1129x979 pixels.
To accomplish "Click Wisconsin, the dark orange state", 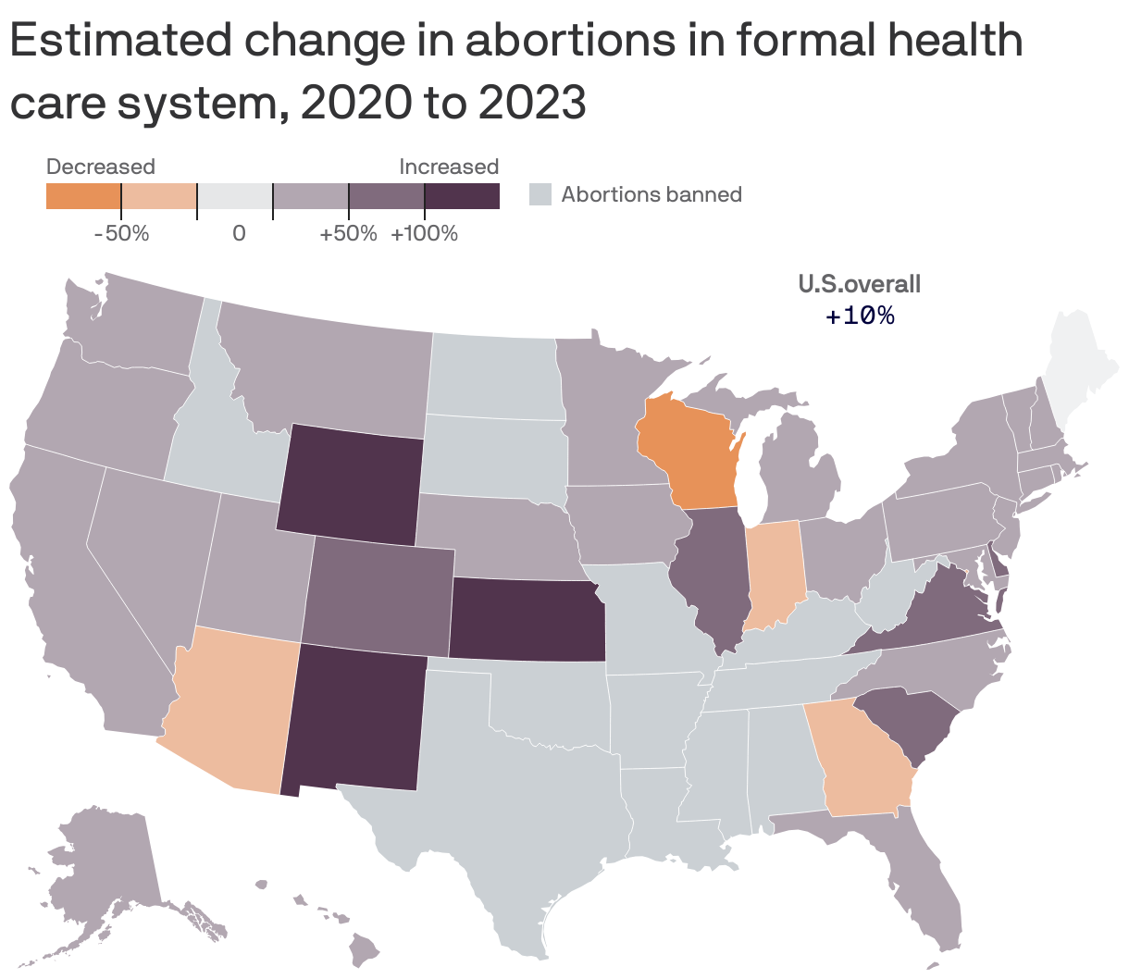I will (689, 453).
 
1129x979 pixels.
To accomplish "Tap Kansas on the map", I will (527, 620).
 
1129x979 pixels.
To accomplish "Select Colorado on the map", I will (379, 592).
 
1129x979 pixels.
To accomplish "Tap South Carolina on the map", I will (902, 722).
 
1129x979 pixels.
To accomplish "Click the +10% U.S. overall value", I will (860, 316).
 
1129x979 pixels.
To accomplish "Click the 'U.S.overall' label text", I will (860, 284).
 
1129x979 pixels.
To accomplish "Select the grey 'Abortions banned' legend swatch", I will (540, 194).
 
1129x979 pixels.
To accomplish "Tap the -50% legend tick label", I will (121, 233).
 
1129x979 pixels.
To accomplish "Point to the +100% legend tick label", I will (424, 233).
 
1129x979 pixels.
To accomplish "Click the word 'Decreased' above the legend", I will (101, 167).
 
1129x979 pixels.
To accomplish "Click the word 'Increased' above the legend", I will (449, 167).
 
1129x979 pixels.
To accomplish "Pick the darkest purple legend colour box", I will (462, 196).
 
